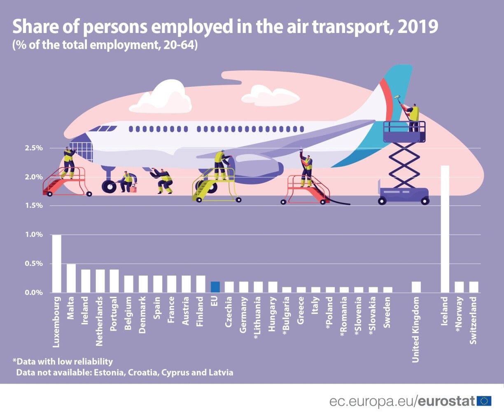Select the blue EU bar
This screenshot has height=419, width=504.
click(215, 287)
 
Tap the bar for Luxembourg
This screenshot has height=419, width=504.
click(56, 263)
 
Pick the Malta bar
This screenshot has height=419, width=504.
click(71, 278)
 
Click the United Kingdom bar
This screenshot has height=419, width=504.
click(416, 287)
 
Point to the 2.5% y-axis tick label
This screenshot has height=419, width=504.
click(34, 148)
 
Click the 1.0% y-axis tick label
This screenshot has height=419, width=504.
click(34, 235)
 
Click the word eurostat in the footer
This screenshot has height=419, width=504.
click(446, 401)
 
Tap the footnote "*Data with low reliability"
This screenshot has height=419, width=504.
click(63, 361)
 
